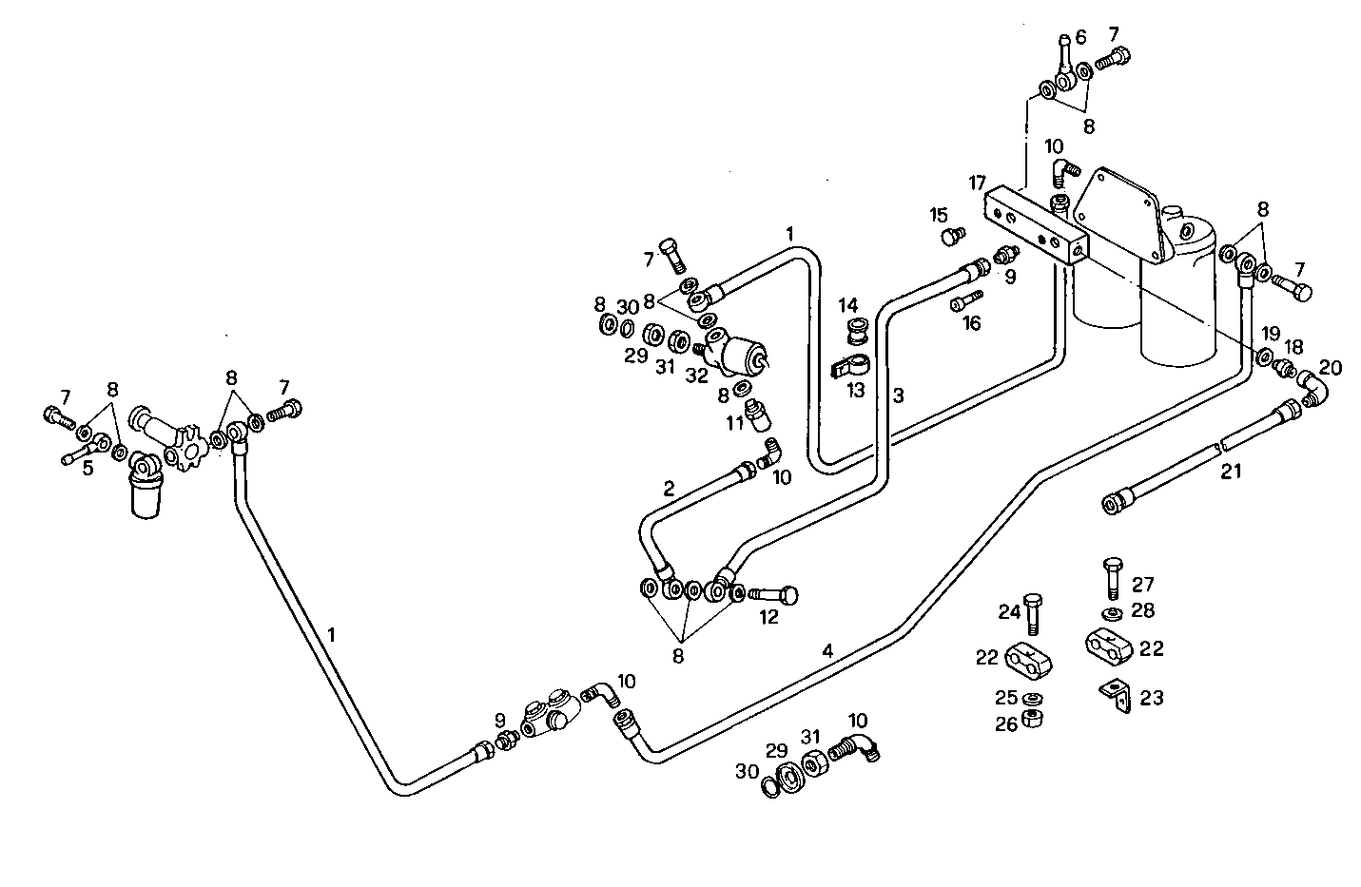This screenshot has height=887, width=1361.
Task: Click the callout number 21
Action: pyautogui.click(x=1232, y=471)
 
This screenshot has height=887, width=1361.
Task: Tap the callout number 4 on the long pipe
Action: pyautogui.click(x=827, y=651)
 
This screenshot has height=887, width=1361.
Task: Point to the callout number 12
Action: pyautogui.click(x=768, y=617)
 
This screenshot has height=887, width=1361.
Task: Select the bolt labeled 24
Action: pyautogui.click(x=1035, y=613)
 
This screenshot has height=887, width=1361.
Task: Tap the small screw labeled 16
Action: pyautogui.click(x=962, y=301)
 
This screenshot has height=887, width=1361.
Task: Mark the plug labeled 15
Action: pyautogui.click(x=951, y=234)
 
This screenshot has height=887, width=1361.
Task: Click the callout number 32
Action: pyautogui.click(x=696, y=376)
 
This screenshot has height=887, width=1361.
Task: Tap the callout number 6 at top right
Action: pyautogui.click(x=1079, y=38)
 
